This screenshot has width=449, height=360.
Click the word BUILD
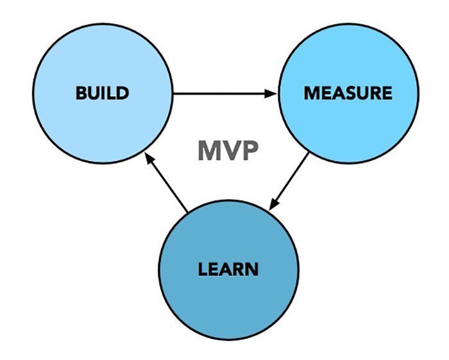coord(103,93)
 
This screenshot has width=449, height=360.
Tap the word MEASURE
coord(348,93)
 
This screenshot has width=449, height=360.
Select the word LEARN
coord(228,268)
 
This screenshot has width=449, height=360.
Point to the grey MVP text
coord(228,151)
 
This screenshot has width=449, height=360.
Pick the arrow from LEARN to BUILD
coord(165,183)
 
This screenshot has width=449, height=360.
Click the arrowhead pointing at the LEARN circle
coord(273,203)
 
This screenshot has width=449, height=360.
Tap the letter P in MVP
coord(249,151)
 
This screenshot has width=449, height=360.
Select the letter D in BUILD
coord(123,93)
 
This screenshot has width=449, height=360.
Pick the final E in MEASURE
coord(386,93)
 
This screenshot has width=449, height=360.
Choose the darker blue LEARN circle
coord(228,302)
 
